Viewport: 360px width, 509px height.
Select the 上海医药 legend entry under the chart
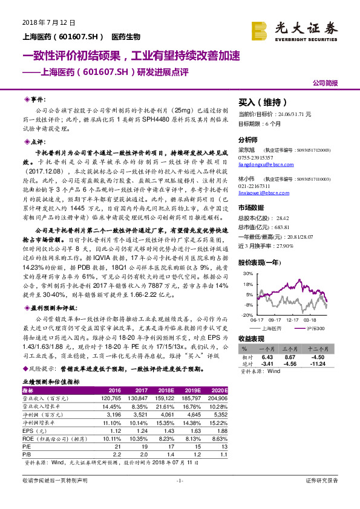click(273, 328)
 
